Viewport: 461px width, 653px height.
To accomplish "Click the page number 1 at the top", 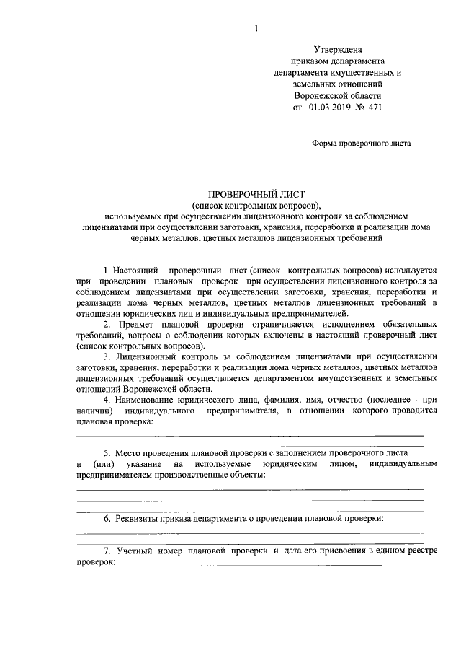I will click(255, 28).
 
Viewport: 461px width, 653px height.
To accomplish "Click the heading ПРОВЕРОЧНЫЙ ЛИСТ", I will click(256, 194).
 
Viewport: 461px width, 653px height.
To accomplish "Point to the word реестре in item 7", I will click(421, 551).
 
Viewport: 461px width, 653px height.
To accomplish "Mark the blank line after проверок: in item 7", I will click(249, 565).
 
